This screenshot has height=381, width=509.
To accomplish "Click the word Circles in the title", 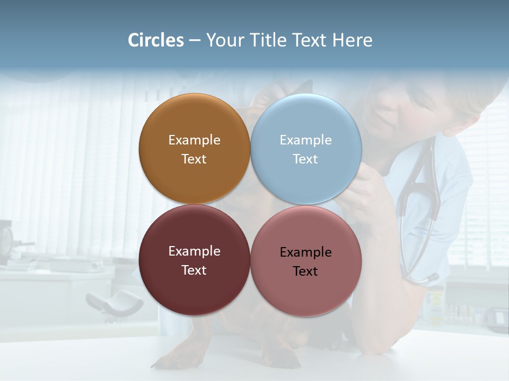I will (x=155, y=40).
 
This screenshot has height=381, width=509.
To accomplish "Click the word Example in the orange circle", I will (x=194, y=140).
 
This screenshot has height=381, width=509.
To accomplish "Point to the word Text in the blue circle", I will (x=305, y=159).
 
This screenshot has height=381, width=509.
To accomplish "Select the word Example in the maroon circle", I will (x=194, y=251).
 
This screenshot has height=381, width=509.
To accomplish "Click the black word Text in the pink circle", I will (x=305, y=271).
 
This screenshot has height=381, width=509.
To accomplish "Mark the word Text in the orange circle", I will (x=194, y=159).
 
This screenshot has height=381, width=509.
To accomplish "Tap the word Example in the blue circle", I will (x=305, y=140).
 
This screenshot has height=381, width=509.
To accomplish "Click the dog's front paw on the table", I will (x=175, y=360).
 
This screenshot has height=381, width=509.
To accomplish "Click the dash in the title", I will (x=195, y=41).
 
